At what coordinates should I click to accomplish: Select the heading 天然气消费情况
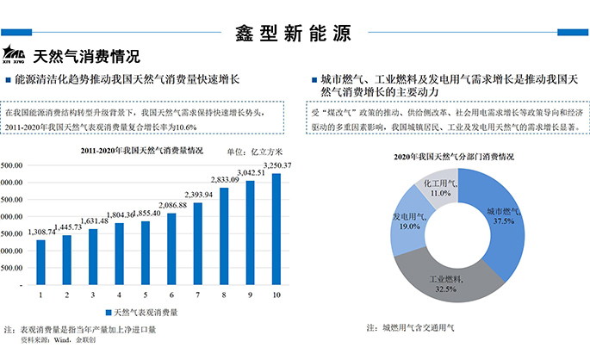click(x=86, y=58)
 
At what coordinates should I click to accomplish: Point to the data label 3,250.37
click(x=276, y=165)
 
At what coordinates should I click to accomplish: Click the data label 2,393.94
click(x=198, y=195)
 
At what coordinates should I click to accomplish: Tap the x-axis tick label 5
click(x=146, y=295)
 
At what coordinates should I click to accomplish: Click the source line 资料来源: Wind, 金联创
click(x=53, y=341)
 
